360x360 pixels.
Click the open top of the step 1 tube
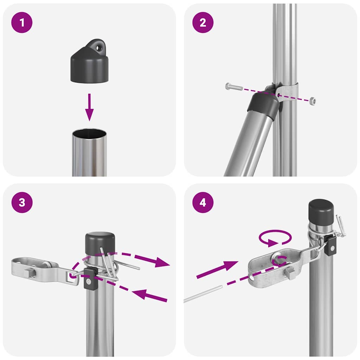(89, 134)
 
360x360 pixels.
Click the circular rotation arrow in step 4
(275, 238)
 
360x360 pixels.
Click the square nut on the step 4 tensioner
(290, 272)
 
